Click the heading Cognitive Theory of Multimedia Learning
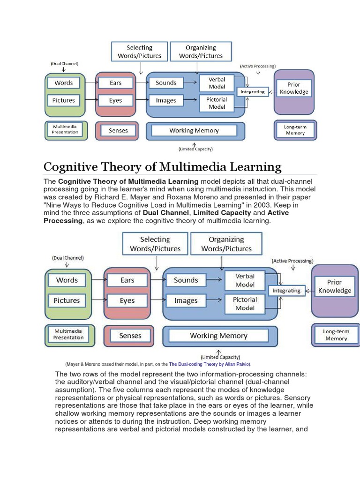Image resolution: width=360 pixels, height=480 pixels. pos(162,167)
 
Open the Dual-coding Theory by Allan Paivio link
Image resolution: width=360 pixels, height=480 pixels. pos(209,364)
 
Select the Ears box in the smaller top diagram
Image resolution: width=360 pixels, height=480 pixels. pos(115,83)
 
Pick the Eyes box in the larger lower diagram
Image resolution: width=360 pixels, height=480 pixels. pos(127,300)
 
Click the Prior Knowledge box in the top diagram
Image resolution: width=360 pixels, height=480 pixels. pos(294,88)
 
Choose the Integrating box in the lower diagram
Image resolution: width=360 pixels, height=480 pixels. pos(286,291)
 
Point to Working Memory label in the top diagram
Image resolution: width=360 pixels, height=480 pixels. pos(194,131)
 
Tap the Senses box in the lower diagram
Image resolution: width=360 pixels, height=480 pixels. pos(130,336)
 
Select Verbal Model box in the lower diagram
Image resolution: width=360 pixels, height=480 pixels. pos(245,280)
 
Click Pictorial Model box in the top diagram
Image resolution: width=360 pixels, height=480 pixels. pos(217,103)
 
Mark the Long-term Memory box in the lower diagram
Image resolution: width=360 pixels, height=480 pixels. pos(336,335)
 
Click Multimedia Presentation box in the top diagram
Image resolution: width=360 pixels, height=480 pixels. pos(65,129)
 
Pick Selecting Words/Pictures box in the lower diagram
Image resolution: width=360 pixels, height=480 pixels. pos(155,244)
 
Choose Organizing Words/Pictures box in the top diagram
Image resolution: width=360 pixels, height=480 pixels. pos(201,52)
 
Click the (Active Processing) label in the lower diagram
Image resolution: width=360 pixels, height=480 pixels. pos(292,261)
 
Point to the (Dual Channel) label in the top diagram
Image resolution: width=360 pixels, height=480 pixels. pos(65,63)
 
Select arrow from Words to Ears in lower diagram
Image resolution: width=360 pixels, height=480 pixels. pos(97,280)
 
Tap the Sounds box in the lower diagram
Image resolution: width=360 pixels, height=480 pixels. pos(186,280)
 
